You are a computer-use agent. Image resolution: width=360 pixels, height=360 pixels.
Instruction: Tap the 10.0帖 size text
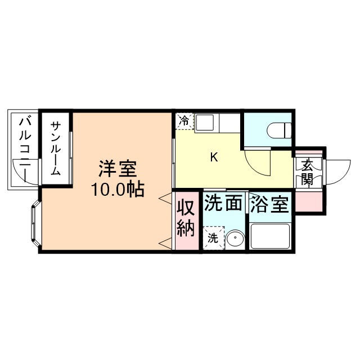[118, 190]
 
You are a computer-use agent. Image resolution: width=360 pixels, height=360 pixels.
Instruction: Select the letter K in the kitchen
[214, 157]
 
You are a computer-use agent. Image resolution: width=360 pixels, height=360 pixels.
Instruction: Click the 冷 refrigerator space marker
[184, 120]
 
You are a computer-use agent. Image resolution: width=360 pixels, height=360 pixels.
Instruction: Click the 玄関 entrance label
[307, 172]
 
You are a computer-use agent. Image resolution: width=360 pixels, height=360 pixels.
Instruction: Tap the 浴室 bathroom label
[271, 204]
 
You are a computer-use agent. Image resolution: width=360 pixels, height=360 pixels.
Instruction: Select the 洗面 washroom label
[223, 203]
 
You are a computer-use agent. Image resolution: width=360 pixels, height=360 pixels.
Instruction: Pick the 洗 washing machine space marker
[213, 237]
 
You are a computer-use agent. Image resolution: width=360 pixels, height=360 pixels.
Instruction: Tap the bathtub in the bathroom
[270, 236]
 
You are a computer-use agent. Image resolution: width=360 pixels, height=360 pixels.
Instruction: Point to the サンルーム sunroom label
[56, 148]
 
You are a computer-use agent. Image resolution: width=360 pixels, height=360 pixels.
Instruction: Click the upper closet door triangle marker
[165, 199]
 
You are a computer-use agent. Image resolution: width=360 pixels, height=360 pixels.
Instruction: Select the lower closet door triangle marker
[165, 242]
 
